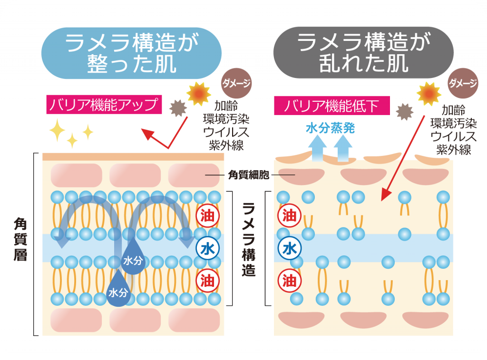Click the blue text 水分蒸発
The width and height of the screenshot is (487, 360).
[330, 128]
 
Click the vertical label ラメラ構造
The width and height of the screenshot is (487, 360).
[248, 240]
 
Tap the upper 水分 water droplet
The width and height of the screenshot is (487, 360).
[133, 259]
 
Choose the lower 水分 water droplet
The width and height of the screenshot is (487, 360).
[117, 290]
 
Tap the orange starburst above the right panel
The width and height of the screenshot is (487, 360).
[429, 94]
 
